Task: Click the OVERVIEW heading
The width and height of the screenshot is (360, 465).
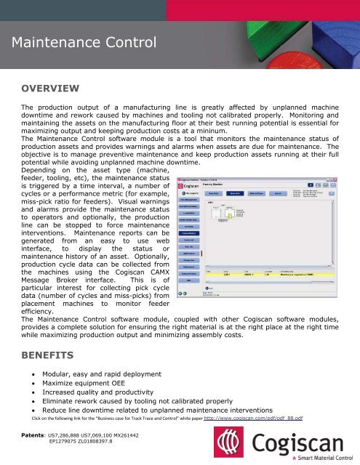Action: [x=50, y=89]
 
